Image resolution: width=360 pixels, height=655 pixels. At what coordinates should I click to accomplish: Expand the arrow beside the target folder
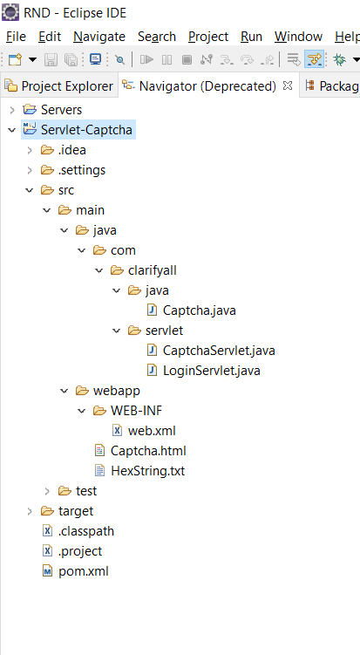click(30, 511)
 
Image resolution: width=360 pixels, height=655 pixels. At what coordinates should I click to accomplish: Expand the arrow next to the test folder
click(47, 491)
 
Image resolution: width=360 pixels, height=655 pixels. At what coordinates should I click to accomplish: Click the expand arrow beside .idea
click(30, 150)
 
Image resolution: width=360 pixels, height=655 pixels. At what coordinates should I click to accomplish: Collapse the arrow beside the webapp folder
click(64, 391)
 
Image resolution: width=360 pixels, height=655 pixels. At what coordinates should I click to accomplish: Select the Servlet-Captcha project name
click(86, 130)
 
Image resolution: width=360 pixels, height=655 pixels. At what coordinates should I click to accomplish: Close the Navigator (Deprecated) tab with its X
click(288, 86)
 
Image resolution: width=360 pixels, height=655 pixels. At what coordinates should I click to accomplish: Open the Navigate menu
click(99, 37)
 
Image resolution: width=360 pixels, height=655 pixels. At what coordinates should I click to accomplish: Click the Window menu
click(298, 37)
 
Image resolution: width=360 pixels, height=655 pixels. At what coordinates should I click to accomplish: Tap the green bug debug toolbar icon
click(339, 59)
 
